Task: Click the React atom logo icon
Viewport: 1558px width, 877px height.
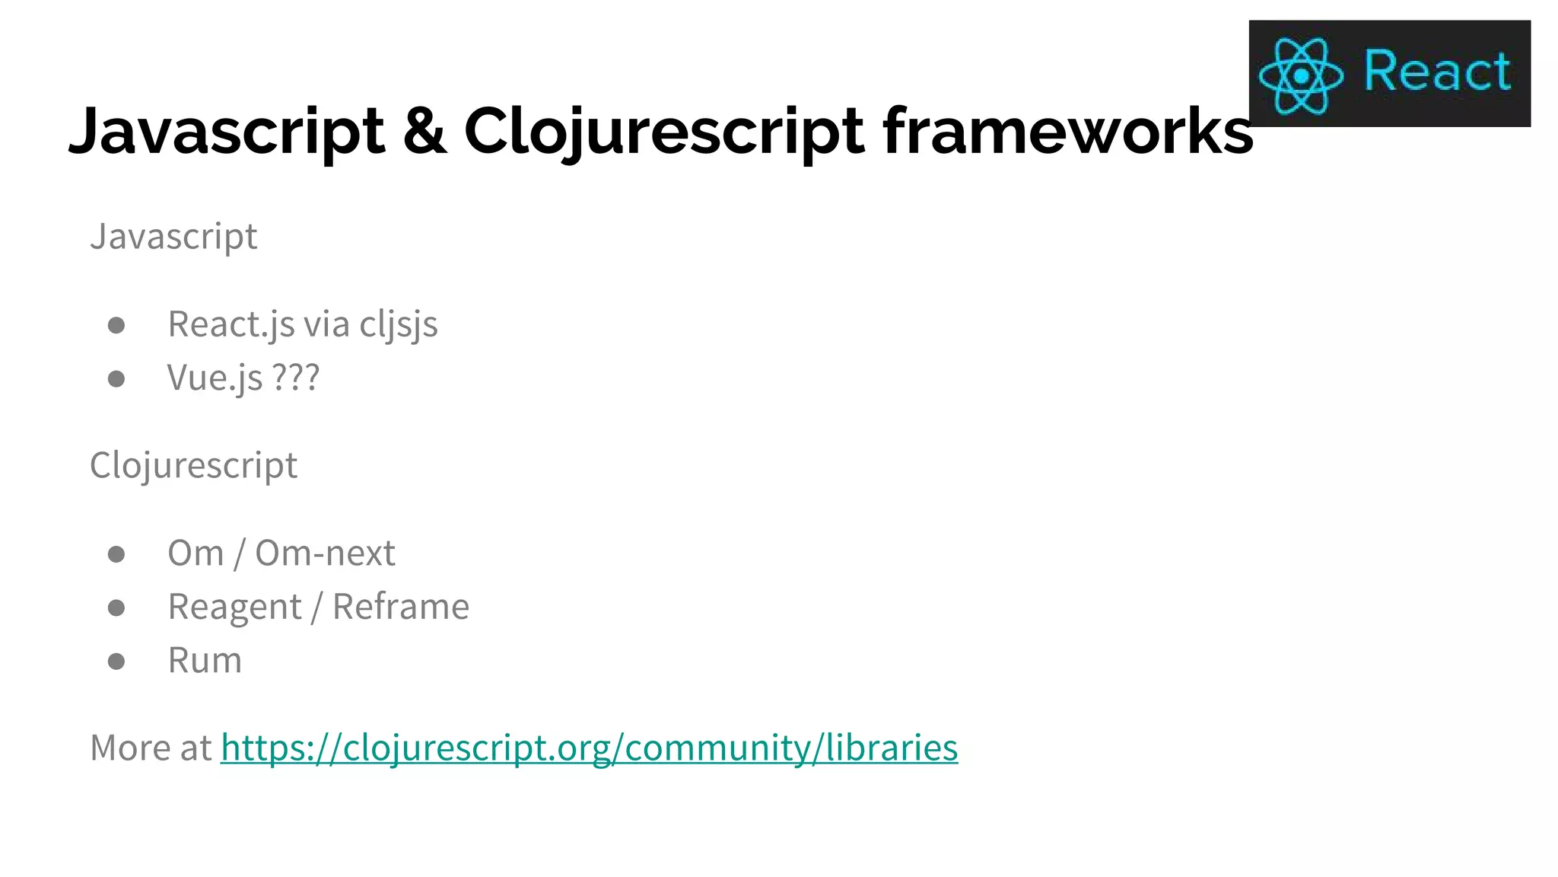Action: pyautogui.click(x=1301, y=75)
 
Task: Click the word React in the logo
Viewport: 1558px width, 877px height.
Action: pyautogui.click(x=1437, y=72)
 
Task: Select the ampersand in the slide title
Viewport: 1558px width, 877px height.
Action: pyautogui.click(x=424, y=131)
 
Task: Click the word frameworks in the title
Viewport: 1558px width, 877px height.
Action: pyautogui.click(x=1067, y=131)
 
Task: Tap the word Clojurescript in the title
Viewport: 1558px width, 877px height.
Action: pyautogui.click(x=664, y=131)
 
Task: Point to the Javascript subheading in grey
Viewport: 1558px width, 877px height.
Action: pyautogui.click(x=173, y=236)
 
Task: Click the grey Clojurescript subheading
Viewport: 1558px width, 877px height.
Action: pyautogui.click(x=193, y=465)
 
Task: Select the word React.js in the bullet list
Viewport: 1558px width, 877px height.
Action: pyautogui.click(x=231, y=324)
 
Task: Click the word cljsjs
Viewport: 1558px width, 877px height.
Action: pyautogui.click(x=399, y=324)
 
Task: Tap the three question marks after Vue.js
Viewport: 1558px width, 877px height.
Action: pyautogui.click(x=296, y=378)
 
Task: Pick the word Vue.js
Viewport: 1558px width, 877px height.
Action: pyautogui.click(x=215, y=378)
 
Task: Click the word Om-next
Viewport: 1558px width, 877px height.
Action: pyautogui.click(x=325, y=553)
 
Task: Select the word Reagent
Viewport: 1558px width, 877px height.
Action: pyautogui.click(x=234, y=607)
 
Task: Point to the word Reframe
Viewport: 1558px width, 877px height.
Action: pyautogui.click(x=401, y=607)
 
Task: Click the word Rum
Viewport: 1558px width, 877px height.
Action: pyautogui.click(x=205, y=660)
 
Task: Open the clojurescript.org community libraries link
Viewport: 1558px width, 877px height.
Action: pyautogui.click(x=589, y=748)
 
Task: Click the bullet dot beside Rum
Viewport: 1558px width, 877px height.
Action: pyautogui.click(x=116, y=661)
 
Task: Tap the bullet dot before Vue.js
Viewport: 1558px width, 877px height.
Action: pyautogui.click(x=116, y=378)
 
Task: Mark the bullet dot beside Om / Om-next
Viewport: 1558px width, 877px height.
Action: pyautogui.click(x=116, y=553)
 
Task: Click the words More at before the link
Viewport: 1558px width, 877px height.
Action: pyautogui.click(x=150, y=748)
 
